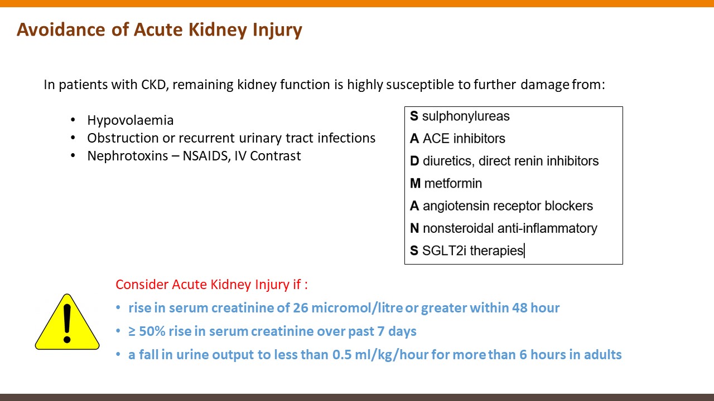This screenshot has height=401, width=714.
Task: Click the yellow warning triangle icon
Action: click(67, 322)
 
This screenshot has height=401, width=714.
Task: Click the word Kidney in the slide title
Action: click(218, 30)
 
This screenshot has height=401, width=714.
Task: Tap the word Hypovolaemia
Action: click(131, 121)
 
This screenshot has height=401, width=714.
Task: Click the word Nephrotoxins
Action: click(128, 156)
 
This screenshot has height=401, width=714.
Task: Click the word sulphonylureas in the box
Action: click(466, 116)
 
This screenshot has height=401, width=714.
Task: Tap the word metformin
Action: click(453, 184)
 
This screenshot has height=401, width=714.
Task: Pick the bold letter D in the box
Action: click(414, 161)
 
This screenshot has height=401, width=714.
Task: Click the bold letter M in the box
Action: click(416, 184)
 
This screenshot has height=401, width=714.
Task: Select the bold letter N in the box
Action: click(414, 228)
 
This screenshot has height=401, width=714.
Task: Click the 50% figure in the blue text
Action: click(152, 331)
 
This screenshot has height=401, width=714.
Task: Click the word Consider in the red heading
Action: click(142, 285)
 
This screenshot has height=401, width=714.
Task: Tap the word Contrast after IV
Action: click(276, 156)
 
